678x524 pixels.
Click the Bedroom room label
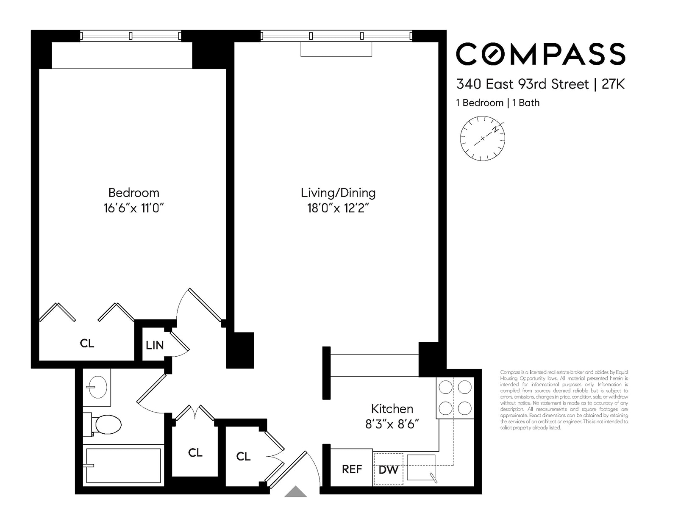(x=133, y=193)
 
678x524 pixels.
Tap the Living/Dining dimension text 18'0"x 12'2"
(x=338, y=208)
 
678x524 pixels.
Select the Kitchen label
(x=392, y=409)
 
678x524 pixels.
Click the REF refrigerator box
(x=352, y=469)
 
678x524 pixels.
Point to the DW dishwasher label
(x=388, y=470)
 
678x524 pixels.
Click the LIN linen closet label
(x=155, y=345)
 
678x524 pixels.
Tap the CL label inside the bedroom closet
(x=87, y=343)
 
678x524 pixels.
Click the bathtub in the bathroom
(x=123, y=466)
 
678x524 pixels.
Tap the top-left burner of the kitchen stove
(x=445, y=387)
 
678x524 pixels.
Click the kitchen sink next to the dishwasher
(x=421, y=467)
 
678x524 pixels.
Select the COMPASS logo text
(x=540, y=54)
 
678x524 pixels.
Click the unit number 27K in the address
(x=613, y=84)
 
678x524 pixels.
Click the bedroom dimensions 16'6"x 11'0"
(x=133, y=208)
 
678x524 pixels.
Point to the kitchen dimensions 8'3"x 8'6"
(x=392, y=424)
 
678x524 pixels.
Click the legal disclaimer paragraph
(x=564, y=400)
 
